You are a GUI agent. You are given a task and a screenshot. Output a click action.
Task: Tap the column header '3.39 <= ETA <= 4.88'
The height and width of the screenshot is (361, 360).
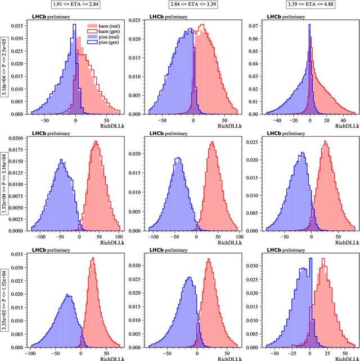[312, 5]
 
